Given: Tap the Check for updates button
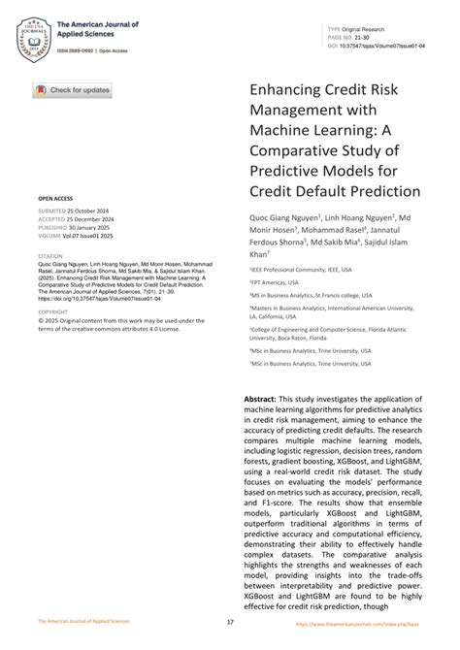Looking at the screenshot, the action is pyautogui.click(x=72, y=90).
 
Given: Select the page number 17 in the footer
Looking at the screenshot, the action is pyautogui.click(x=230, y=622).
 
